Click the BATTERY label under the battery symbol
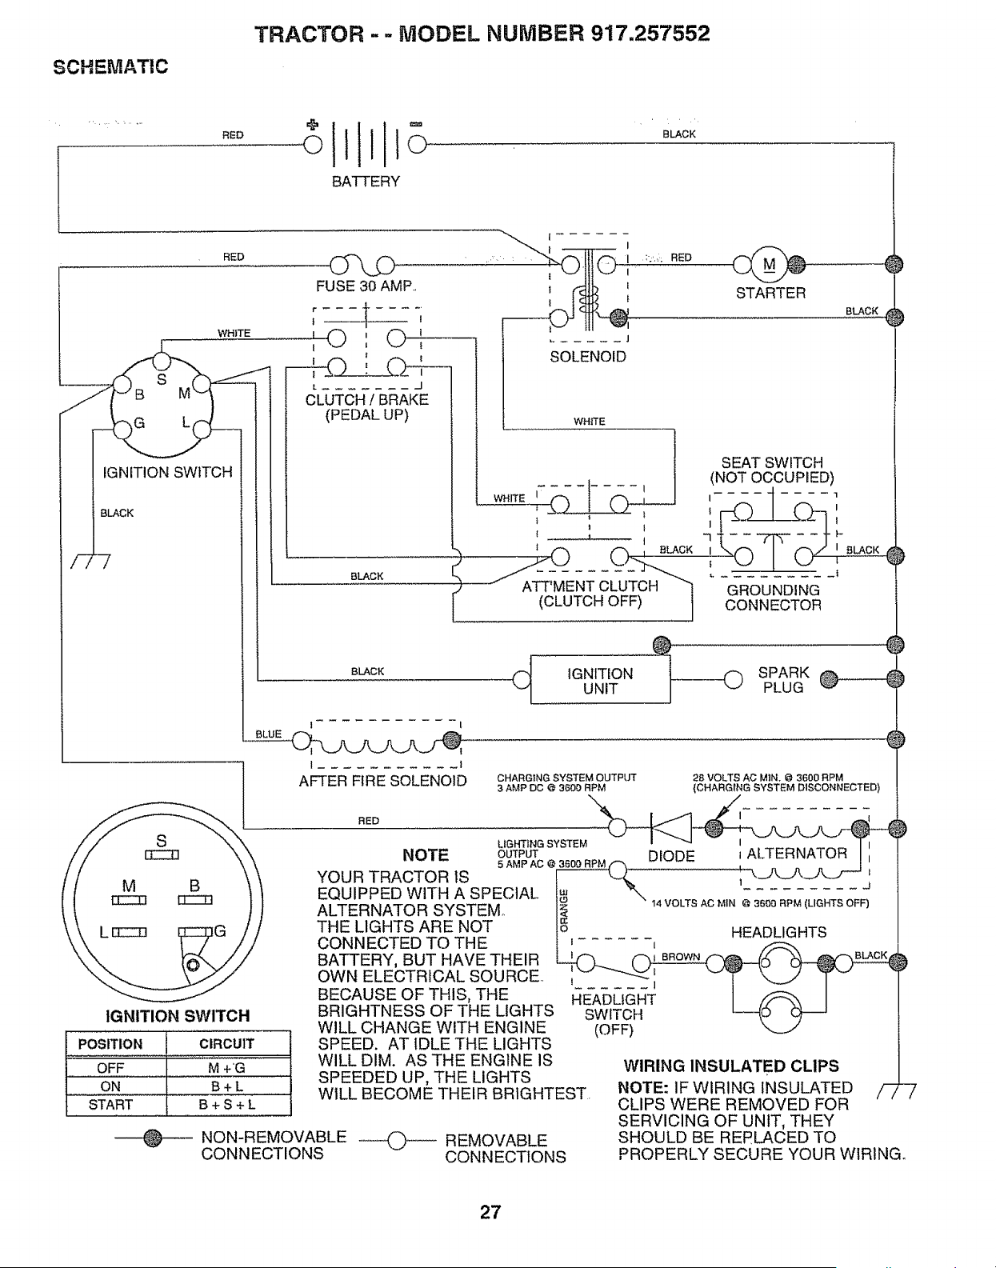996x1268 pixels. click(x=366, y=182)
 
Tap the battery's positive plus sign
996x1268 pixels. click(x=313, y=124)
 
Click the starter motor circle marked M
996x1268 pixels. click(x=770, y=264)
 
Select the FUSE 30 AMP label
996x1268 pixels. click(x=365, y=286)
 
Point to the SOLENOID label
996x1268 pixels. click(x=587, y=357)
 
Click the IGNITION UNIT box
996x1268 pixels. click(x=601, y=679)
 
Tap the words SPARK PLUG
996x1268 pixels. click(x=783, y=680)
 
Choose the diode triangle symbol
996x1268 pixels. click(x=671, y=827)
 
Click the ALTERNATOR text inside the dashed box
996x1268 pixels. click(x=797, y=853)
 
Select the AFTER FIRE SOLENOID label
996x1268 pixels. click(x=382, y=781)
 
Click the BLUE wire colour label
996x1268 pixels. click(x=269, y=734)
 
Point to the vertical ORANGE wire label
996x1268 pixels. click(x=564, y=910)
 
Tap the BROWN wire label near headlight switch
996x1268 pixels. click(x=681, y=957)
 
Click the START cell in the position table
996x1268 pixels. click(x=110, y=1105)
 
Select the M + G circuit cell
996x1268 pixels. click(x=226, y=1068)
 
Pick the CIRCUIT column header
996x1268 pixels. click(x=226, y=1044)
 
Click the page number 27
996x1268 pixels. click(x=490, y=1212)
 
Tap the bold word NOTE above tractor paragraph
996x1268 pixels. click(x=426, y=855)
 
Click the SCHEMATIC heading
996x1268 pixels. click(x=110, y=66)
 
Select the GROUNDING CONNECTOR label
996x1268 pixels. click(x=773, y=598)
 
